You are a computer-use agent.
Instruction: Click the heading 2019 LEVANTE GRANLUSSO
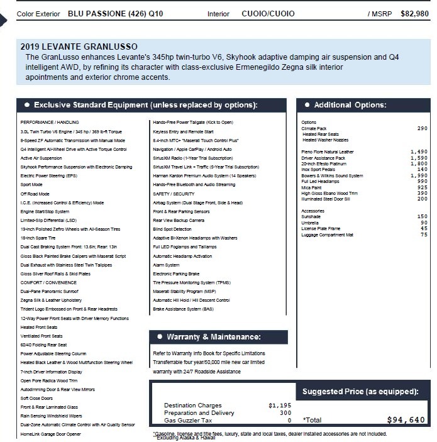[x=79, y=46]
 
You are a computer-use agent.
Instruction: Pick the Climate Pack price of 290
[x=422, y=128]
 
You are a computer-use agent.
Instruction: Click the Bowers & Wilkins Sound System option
[x=332, y=175]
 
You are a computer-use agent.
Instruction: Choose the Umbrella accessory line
[x=310, y=222]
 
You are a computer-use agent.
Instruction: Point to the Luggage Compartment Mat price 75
[x=423, y=235]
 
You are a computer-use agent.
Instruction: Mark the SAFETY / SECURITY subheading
[x=174, y=194]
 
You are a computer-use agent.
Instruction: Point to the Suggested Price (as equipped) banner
[x=360, y=392]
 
